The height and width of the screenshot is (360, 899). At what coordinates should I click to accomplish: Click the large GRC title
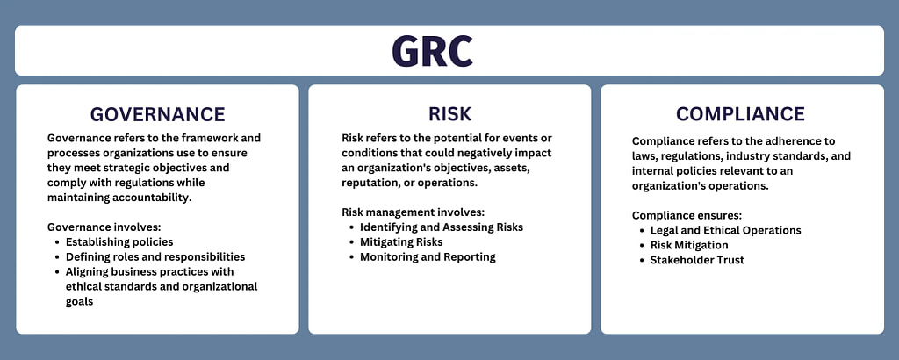tap(432, 51)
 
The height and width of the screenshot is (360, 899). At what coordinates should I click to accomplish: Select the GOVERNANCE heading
tap(158, 114)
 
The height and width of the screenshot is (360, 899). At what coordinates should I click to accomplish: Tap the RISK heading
tap(450, 114)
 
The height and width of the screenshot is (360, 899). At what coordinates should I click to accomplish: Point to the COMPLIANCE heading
tap(740, 114)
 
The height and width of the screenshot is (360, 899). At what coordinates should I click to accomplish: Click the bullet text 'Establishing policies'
tap(119, 242)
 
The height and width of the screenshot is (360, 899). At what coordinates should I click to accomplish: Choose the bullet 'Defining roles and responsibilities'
tap(155, 256)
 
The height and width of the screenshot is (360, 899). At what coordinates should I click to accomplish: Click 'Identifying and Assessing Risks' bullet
tap(442, 227)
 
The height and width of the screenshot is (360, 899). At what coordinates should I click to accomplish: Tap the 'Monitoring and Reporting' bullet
tap(428, 256)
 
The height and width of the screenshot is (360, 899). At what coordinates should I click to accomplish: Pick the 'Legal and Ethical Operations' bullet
tap(725, 230)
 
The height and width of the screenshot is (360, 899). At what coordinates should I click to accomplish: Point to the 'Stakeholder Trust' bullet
tap(697, 260)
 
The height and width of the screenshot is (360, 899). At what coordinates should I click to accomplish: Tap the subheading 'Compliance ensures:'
tap(687, 215)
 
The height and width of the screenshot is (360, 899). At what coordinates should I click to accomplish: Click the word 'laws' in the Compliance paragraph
tap(644, 156)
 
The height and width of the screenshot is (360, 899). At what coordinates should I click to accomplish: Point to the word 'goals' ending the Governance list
tap(79, 302)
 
